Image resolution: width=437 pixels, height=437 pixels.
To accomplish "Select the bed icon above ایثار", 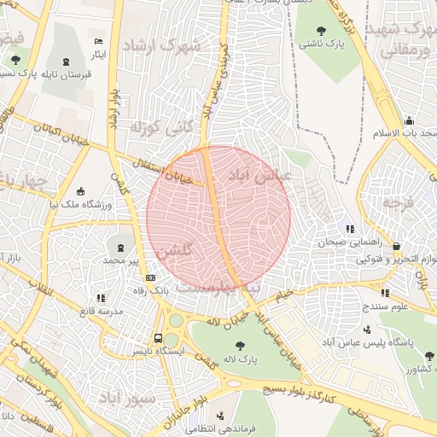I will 99,42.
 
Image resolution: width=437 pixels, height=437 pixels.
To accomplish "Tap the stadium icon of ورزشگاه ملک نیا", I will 81,191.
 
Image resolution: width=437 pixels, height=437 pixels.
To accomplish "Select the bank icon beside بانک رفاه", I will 151,277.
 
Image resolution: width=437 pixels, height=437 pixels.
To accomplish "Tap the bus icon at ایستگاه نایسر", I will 157,338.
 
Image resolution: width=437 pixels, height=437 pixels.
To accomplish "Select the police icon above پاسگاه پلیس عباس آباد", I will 367,329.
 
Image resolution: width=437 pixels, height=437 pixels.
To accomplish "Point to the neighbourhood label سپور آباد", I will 125,399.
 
